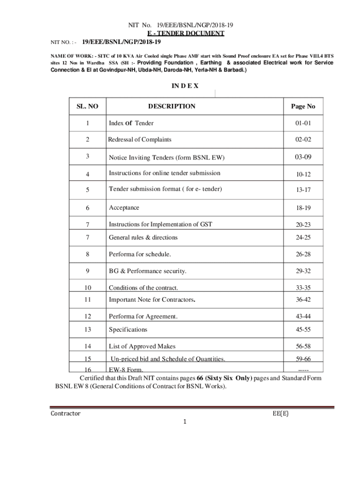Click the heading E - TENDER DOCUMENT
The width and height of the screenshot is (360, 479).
coord(186,34)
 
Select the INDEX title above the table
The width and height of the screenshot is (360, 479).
coord(186,86)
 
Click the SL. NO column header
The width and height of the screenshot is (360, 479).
coord(87,106)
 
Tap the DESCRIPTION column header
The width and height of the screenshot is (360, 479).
coord(172,106)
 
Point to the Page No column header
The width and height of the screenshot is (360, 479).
coord(303,106)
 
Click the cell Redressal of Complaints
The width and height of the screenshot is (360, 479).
coord(140,139)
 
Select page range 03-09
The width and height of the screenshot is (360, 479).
coord(303,157)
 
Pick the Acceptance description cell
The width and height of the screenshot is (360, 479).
coord(124,207)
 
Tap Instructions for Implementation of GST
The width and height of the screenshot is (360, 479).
coord(160,224)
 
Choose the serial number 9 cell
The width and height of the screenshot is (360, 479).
coord(87,271)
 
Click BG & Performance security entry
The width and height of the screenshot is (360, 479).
coord(148,271)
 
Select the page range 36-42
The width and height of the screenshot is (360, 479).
coord(303,299)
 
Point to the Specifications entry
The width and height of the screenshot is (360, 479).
coord(128,329)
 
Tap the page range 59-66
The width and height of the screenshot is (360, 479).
coord(303,359)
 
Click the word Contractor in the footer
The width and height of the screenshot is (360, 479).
coord(65,414)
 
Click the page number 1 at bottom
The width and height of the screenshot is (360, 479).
coord(185,422)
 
